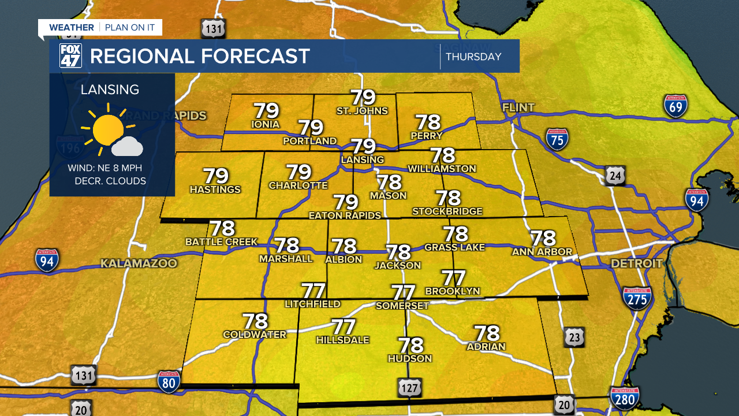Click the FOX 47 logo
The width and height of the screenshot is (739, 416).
(70, 56)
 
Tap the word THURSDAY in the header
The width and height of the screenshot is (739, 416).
(473, 57)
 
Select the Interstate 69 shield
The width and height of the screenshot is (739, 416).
(675, 107)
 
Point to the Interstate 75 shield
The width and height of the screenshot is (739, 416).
(557, 139)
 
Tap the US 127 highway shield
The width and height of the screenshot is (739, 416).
(409, 387)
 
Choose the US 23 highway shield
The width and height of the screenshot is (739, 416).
(574, 337)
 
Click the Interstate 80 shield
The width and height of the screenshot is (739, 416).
(169, 381)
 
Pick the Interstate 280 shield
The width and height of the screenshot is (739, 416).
(625, 399)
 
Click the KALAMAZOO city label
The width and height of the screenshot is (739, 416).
(139, 263)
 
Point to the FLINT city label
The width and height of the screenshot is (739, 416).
(518, 107)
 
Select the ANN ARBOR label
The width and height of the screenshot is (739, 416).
(542, 251)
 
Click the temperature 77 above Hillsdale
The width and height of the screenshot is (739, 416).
(343, 328)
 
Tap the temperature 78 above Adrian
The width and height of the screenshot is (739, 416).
(487, 333)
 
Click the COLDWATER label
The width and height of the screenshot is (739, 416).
(255, 335)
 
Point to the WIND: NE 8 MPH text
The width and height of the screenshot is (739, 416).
(104, 168)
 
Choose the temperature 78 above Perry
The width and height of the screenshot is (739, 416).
(428, 122)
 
